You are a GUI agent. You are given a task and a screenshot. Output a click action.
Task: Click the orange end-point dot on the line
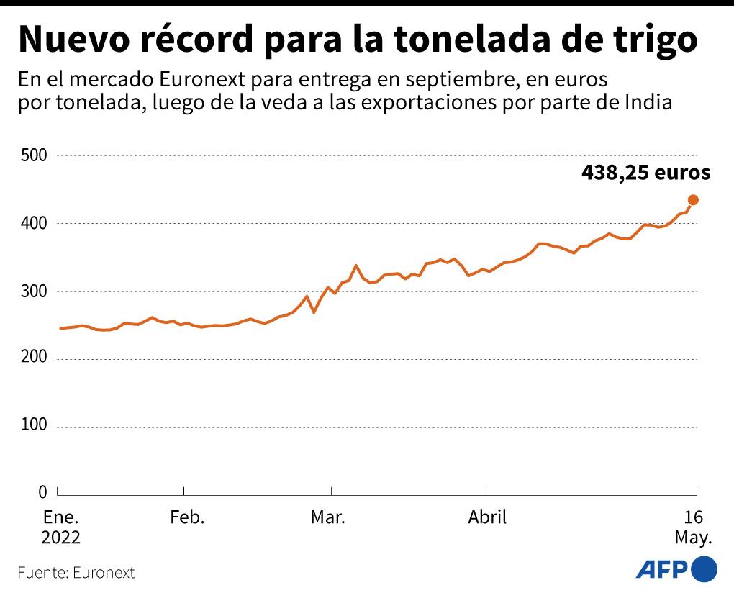click(x=693, y=200)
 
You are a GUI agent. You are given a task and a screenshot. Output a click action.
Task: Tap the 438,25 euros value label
click(x=645, y=173)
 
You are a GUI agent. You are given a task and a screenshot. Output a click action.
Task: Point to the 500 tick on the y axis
click(x=34, y=155)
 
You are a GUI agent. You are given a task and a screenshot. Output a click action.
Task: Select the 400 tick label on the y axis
click(x=34, y=224)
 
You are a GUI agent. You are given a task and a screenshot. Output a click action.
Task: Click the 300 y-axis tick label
click(x=34, y=291)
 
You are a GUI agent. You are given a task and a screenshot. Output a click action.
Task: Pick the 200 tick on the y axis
click(x=34, y=358)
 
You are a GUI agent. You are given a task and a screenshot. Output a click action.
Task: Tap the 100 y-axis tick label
click(x=34, y=426)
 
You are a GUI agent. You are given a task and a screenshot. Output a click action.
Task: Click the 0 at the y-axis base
click(x=42, y=493)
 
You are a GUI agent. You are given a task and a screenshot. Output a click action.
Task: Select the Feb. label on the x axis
click(x=187, y=517)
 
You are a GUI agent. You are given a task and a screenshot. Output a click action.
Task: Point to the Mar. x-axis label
click(x=328, y=517)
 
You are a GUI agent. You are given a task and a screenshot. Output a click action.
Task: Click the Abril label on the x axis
click(x=487, y=517)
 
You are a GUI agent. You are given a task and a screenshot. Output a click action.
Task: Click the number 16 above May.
click(x=693, y=517)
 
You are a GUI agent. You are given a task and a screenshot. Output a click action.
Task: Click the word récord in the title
click(x=196, y=41)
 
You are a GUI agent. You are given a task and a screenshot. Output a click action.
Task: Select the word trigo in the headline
click(x=653, y=41)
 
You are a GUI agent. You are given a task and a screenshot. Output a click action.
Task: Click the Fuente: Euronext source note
click(x=76, y=574)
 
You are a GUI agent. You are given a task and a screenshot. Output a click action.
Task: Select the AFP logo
click(x=676, y=569)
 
